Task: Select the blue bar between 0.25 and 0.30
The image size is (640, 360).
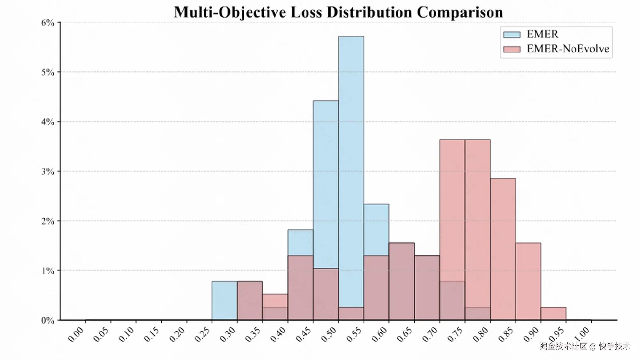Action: pos(224,300)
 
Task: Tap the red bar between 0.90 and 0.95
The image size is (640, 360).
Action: pos(553,314)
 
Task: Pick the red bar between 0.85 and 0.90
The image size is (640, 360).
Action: pos(528,281)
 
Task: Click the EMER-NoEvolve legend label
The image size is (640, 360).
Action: pos(568,49)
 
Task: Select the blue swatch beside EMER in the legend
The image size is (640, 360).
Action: pos(511,34)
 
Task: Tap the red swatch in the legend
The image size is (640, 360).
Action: pos(511,49)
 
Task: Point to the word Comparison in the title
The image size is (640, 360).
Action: pos(460,12)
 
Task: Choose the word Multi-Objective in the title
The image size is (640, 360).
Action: pos(230,12)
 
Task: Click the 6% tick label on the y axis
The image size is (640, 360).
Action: pos(48,23)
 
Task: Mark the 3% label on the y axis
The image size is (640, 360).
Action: pos(48,172)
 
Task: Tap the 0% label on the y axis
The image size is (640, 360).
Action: pos(48,320)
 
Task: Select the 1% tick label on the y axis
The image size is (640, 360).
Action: pos(48,271)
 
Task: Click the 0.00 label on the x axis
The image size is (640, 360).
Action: pos(76,334)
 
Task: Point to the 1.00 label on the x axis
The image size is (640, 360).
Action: pos(582,334)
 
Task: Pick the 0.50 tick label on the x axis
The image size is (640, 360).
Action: pos(329,334)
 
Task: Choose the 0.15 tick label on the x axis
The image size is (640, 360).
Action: pos(152,334)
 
